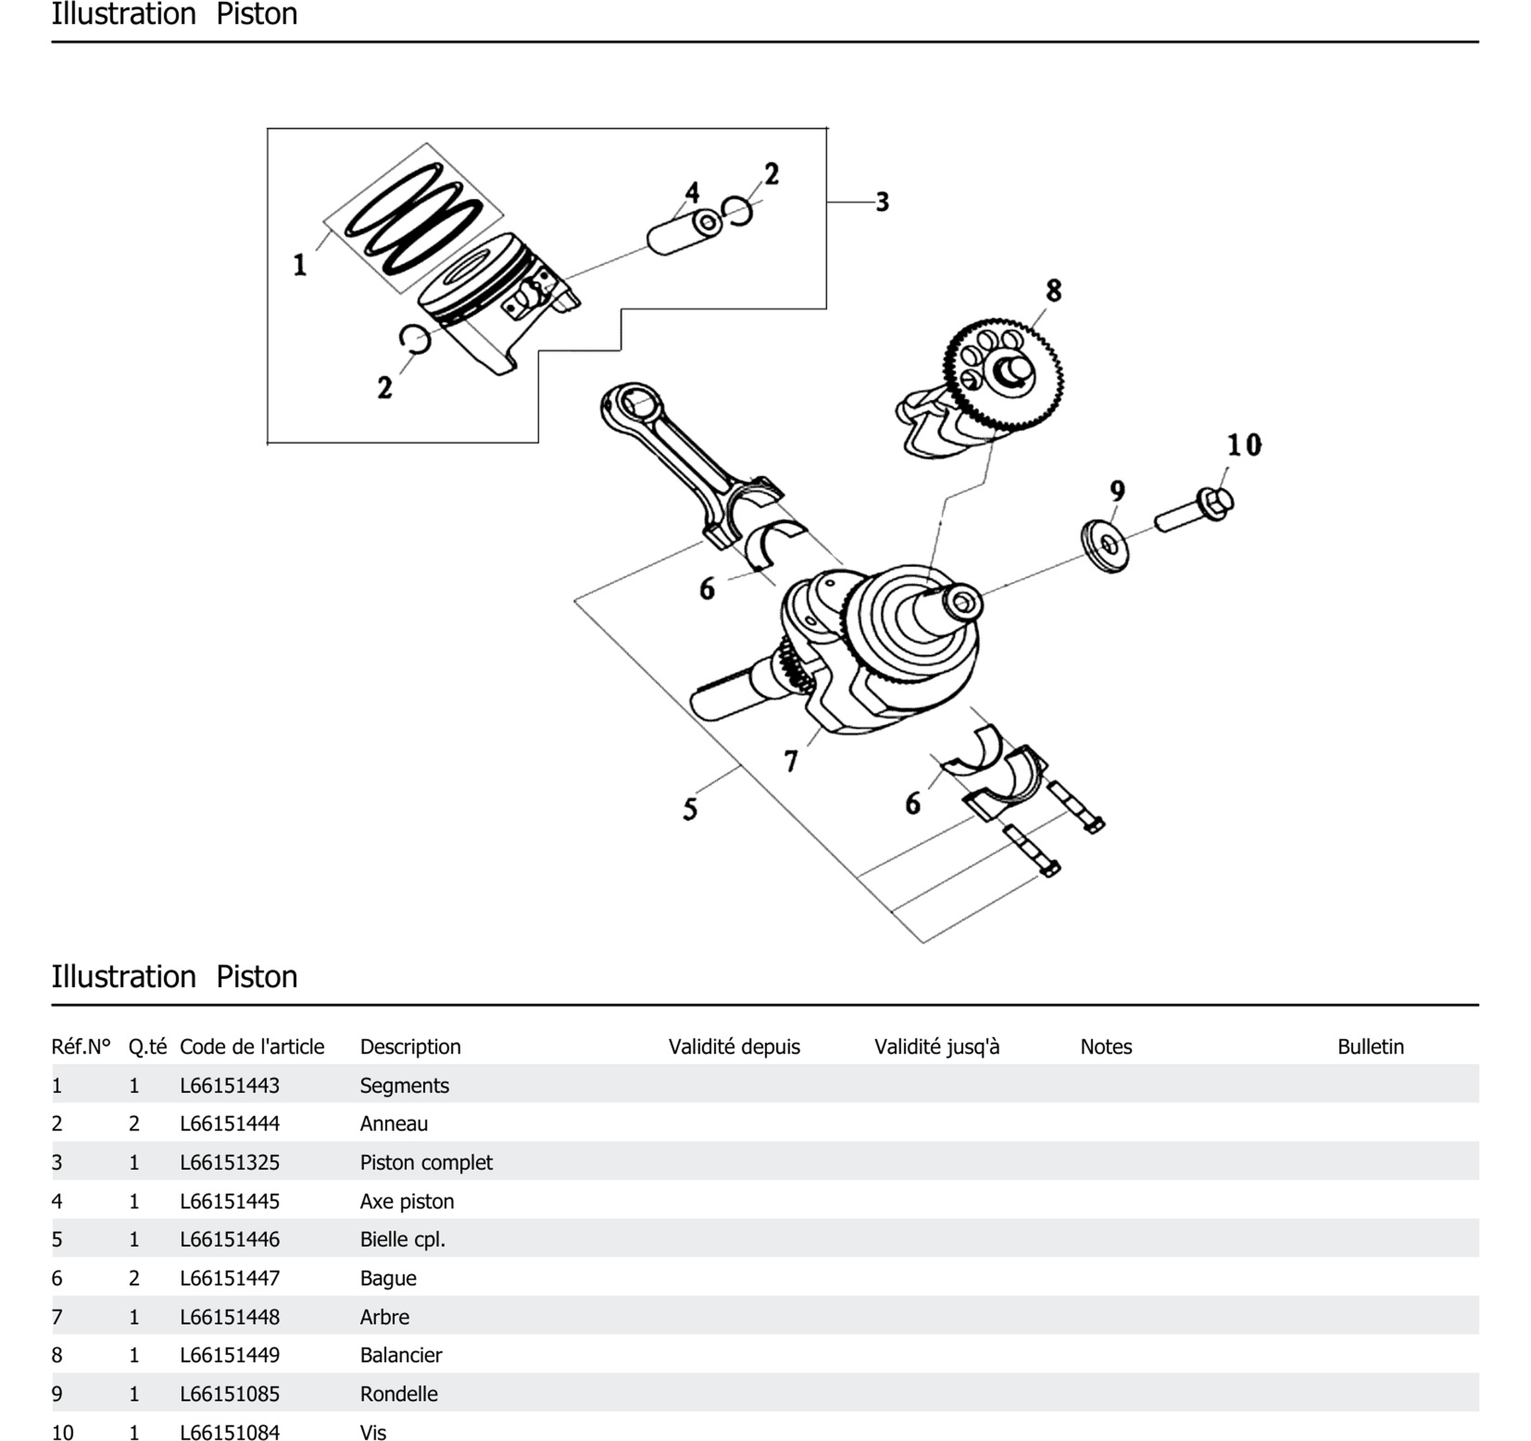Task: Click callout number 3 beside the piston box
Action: pyautogui.click(x=883, y=202)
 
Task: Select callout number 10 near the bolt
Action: pyautogui.click(x=1244, y=445)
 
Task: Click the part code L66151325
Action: pyautogui.click(x=230, y=1162)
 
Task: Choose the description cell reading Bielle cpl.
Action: pyautogui.click(x=403, y=1239)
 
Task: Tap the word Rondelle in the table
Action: pyautogui.click(x=399, y=1394)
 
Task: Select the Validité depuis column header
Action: pyautogui.click(x=734, y=1046)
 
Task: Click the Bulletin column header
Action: pyautogui.click(x=1370, y=1046)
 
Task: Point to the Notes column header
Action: pyautogui.click(x=1106, y=1046)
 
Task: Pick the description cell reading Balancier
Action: pyautogui.click(x=401, y=1355)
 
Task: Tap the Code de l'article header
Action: pyautogui.click(x=252, y=1046)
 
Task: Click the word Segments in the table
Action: pyautogui.click(x=404, y=1085)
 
